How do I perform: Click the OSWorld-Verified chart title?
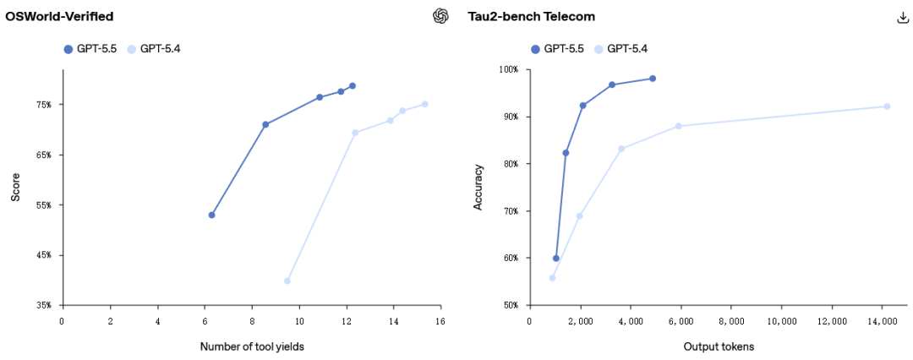(x=59, y=16)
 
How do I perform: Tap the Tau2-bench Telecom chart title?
(x=531, y=16)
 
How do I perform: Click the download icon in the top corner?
(x=902, y=17)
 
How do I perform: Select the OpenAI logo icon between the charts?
(x=440, y=16)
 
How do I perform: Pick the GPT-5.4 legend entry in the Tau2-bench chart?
(x=622, y=49)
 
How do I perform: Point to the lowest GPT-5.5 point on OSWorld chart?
(x=211, y=215)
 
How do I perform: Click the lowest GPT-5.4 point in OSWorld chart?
(x=287, y=281)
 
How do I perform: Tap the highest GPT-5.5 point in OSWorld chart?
(x=353, y=86)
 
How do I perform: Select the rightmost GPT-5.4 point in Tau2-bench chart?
(x=887, y=106)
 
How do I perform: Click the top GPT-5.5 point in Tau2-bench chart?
(x=653, y=79)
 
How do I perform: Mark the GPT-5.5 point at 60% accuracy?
(x=556, y=258)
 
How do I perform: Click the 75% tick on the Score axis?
(x=43, y=105)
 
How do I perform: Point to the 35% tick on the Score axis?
(x=43, y=305)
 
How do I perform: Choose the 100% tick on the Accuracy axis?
(x=509, y=69)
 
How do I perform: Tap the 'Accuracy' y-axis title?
(x=478, y=188)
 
